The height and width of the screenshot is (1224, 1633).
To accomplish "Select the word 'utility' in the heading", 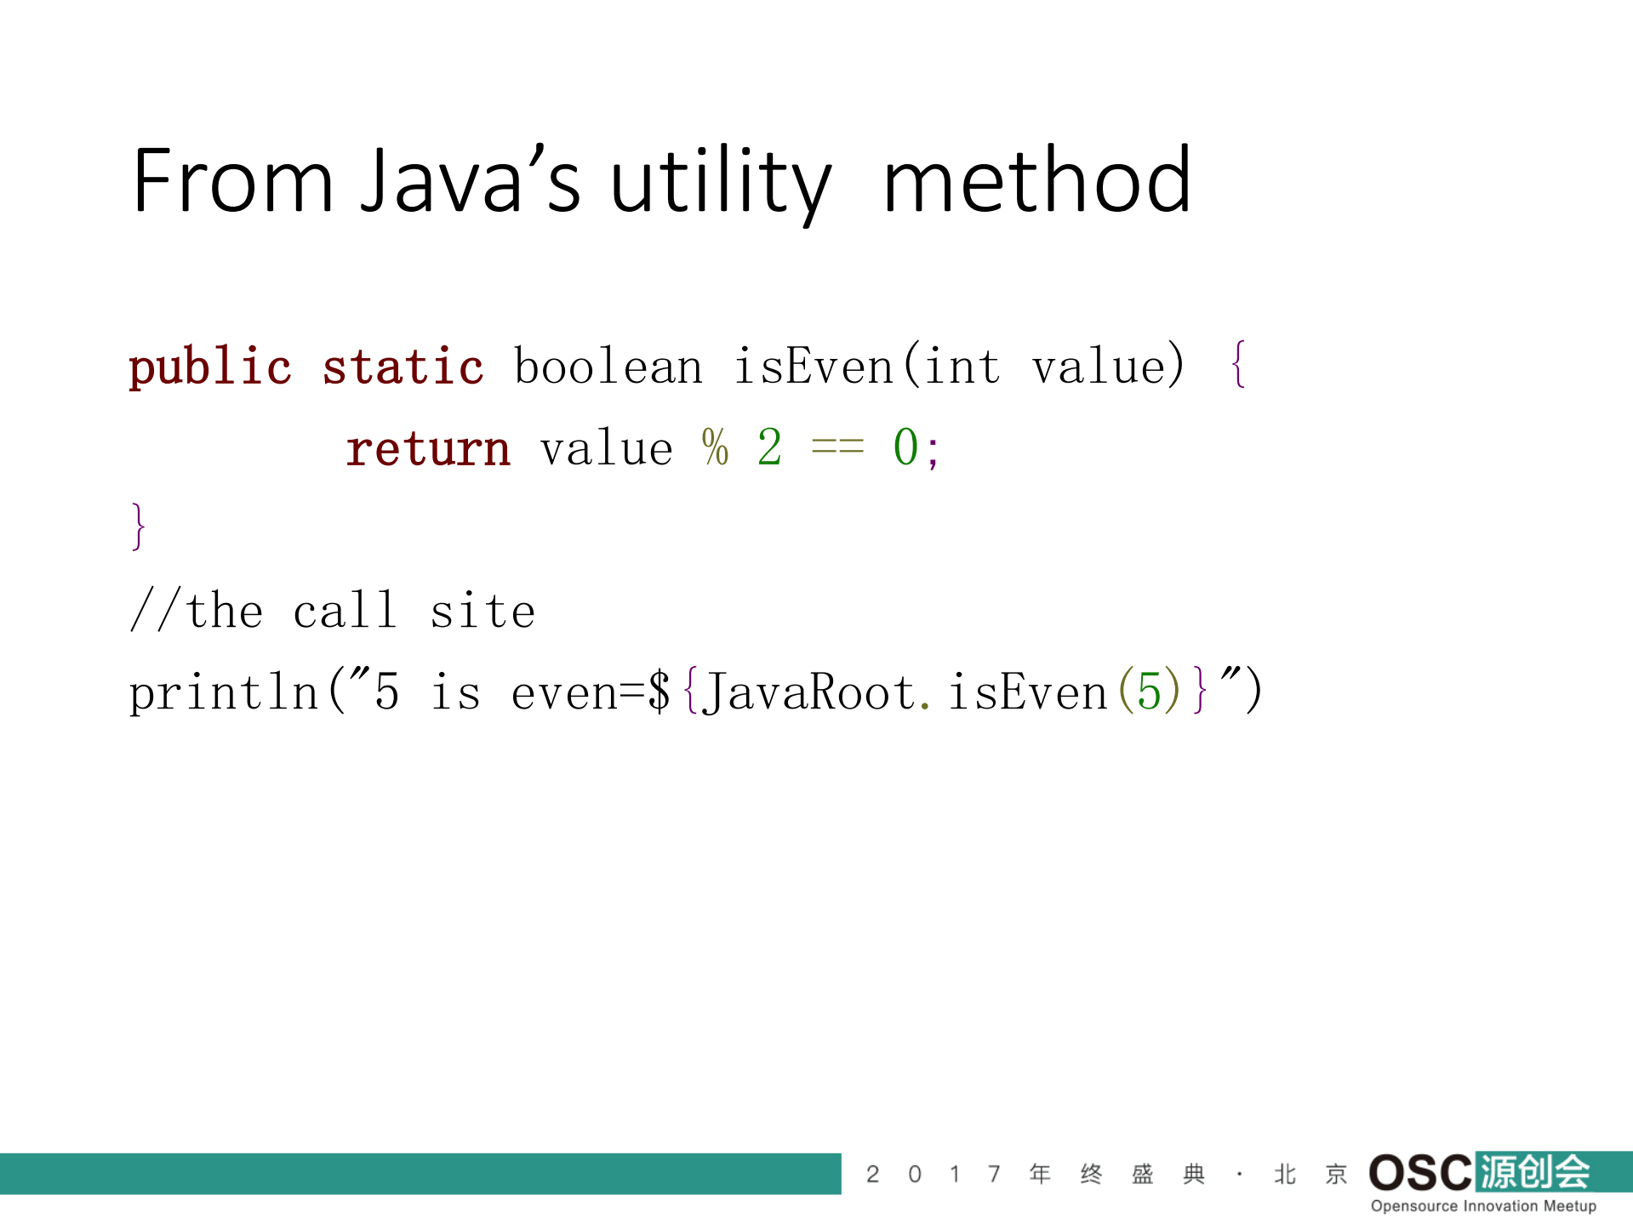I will pyautogui.click(x=720, y=182).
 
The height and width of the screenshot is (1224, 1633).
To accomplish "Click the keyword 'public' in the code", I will pyautogui.click(x=209, y=367).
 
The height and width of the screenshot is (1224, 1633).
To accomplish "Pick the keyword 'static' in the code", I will pyautogui.click(x=403, y=367).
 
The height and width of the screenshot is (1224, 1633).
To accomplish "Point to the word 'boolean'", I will pyautogui.click(x=608, y=367).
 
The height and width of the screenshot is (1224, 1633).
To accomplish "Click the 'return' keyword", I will pyautogui.click(x=427, y=448).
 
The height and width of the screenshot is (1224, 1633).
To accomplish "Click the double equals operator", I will pyautogui.click(x=837, y=447).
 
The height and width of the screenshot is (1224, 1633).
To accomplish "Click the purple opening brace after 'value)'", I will pyautogui.click(x=1239, y=366).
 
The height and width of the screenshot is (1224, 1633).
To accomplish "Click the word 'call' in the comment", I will pyautogui.click(x=345, y=611).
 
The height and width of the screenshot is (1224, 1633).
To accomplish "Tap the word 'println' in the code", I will pyautogui.click(x=223, y=692).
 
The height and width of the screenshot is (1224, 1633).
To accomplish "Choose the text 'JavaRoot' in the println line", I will pyautogui.click(x=809, y=692).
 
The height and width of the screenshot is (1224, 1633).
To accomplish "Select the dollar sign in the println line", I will pyautogui.click(x=659, y=692).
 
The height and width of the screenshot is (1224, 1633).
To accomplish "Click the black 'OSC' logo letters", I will pyautogui.click(x=1419, y=1173).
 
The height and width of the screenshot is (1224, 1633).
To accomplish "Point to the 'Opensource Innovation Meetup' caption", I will pyautogui.click(x=1483, y=1206).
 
